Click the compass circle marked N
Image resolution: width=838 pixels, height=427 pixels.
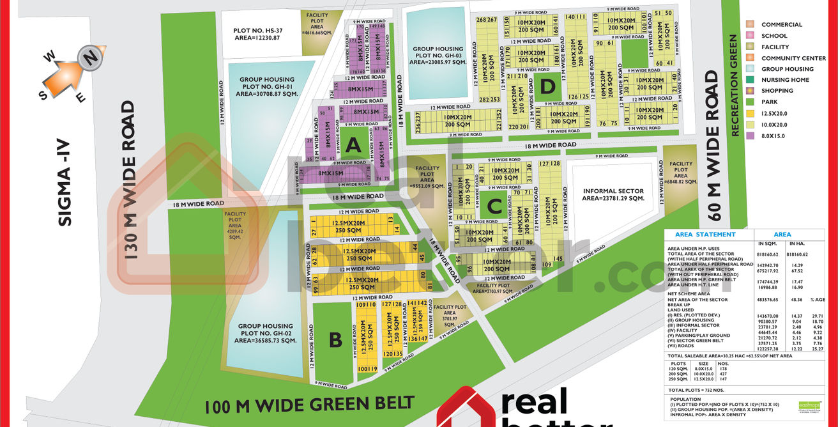pyautogui.click(x=91, y=58)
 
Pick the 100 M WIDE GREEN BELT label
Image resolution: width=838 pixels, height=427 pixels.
pyautogui.click(x=309, y=405)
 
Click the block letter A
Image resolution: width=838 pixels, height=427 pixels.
pyautogui.click(x=353, y=146)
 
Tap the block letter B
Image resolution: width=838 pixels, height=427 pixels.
pyautogui.click(x=335, y=341)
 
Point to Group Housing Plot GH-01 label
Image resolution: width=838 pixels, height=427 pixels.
pyautogui.click(x=268, y=87)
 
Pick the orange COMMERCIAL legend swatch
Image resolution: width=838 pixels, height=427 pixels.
pyautogui.click(x=751, y=24)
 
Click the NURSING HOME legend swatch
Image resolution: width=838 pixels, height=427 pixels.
pyautogui.click(x=751, y=80)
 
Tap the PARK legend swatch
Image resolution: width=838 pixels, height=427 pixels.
pyautogui.click(x=751, y=102)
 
